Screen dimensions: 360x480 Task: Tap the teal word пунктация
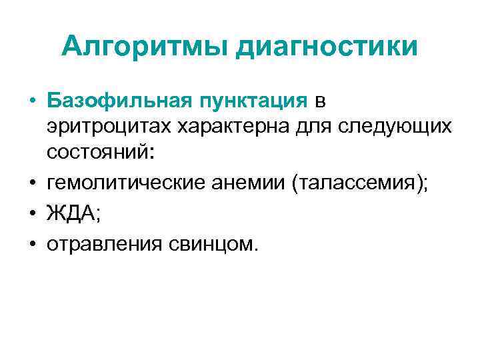coord(251,101)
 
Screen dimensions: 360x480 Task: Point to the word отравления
coord(104,244)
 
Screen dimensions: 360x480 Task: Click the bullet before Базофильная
coord(32,102)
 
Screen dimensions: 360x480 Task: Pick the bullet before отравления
coord(32,245)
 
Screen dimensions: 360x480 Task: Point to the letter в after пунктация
coord(321,103)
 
